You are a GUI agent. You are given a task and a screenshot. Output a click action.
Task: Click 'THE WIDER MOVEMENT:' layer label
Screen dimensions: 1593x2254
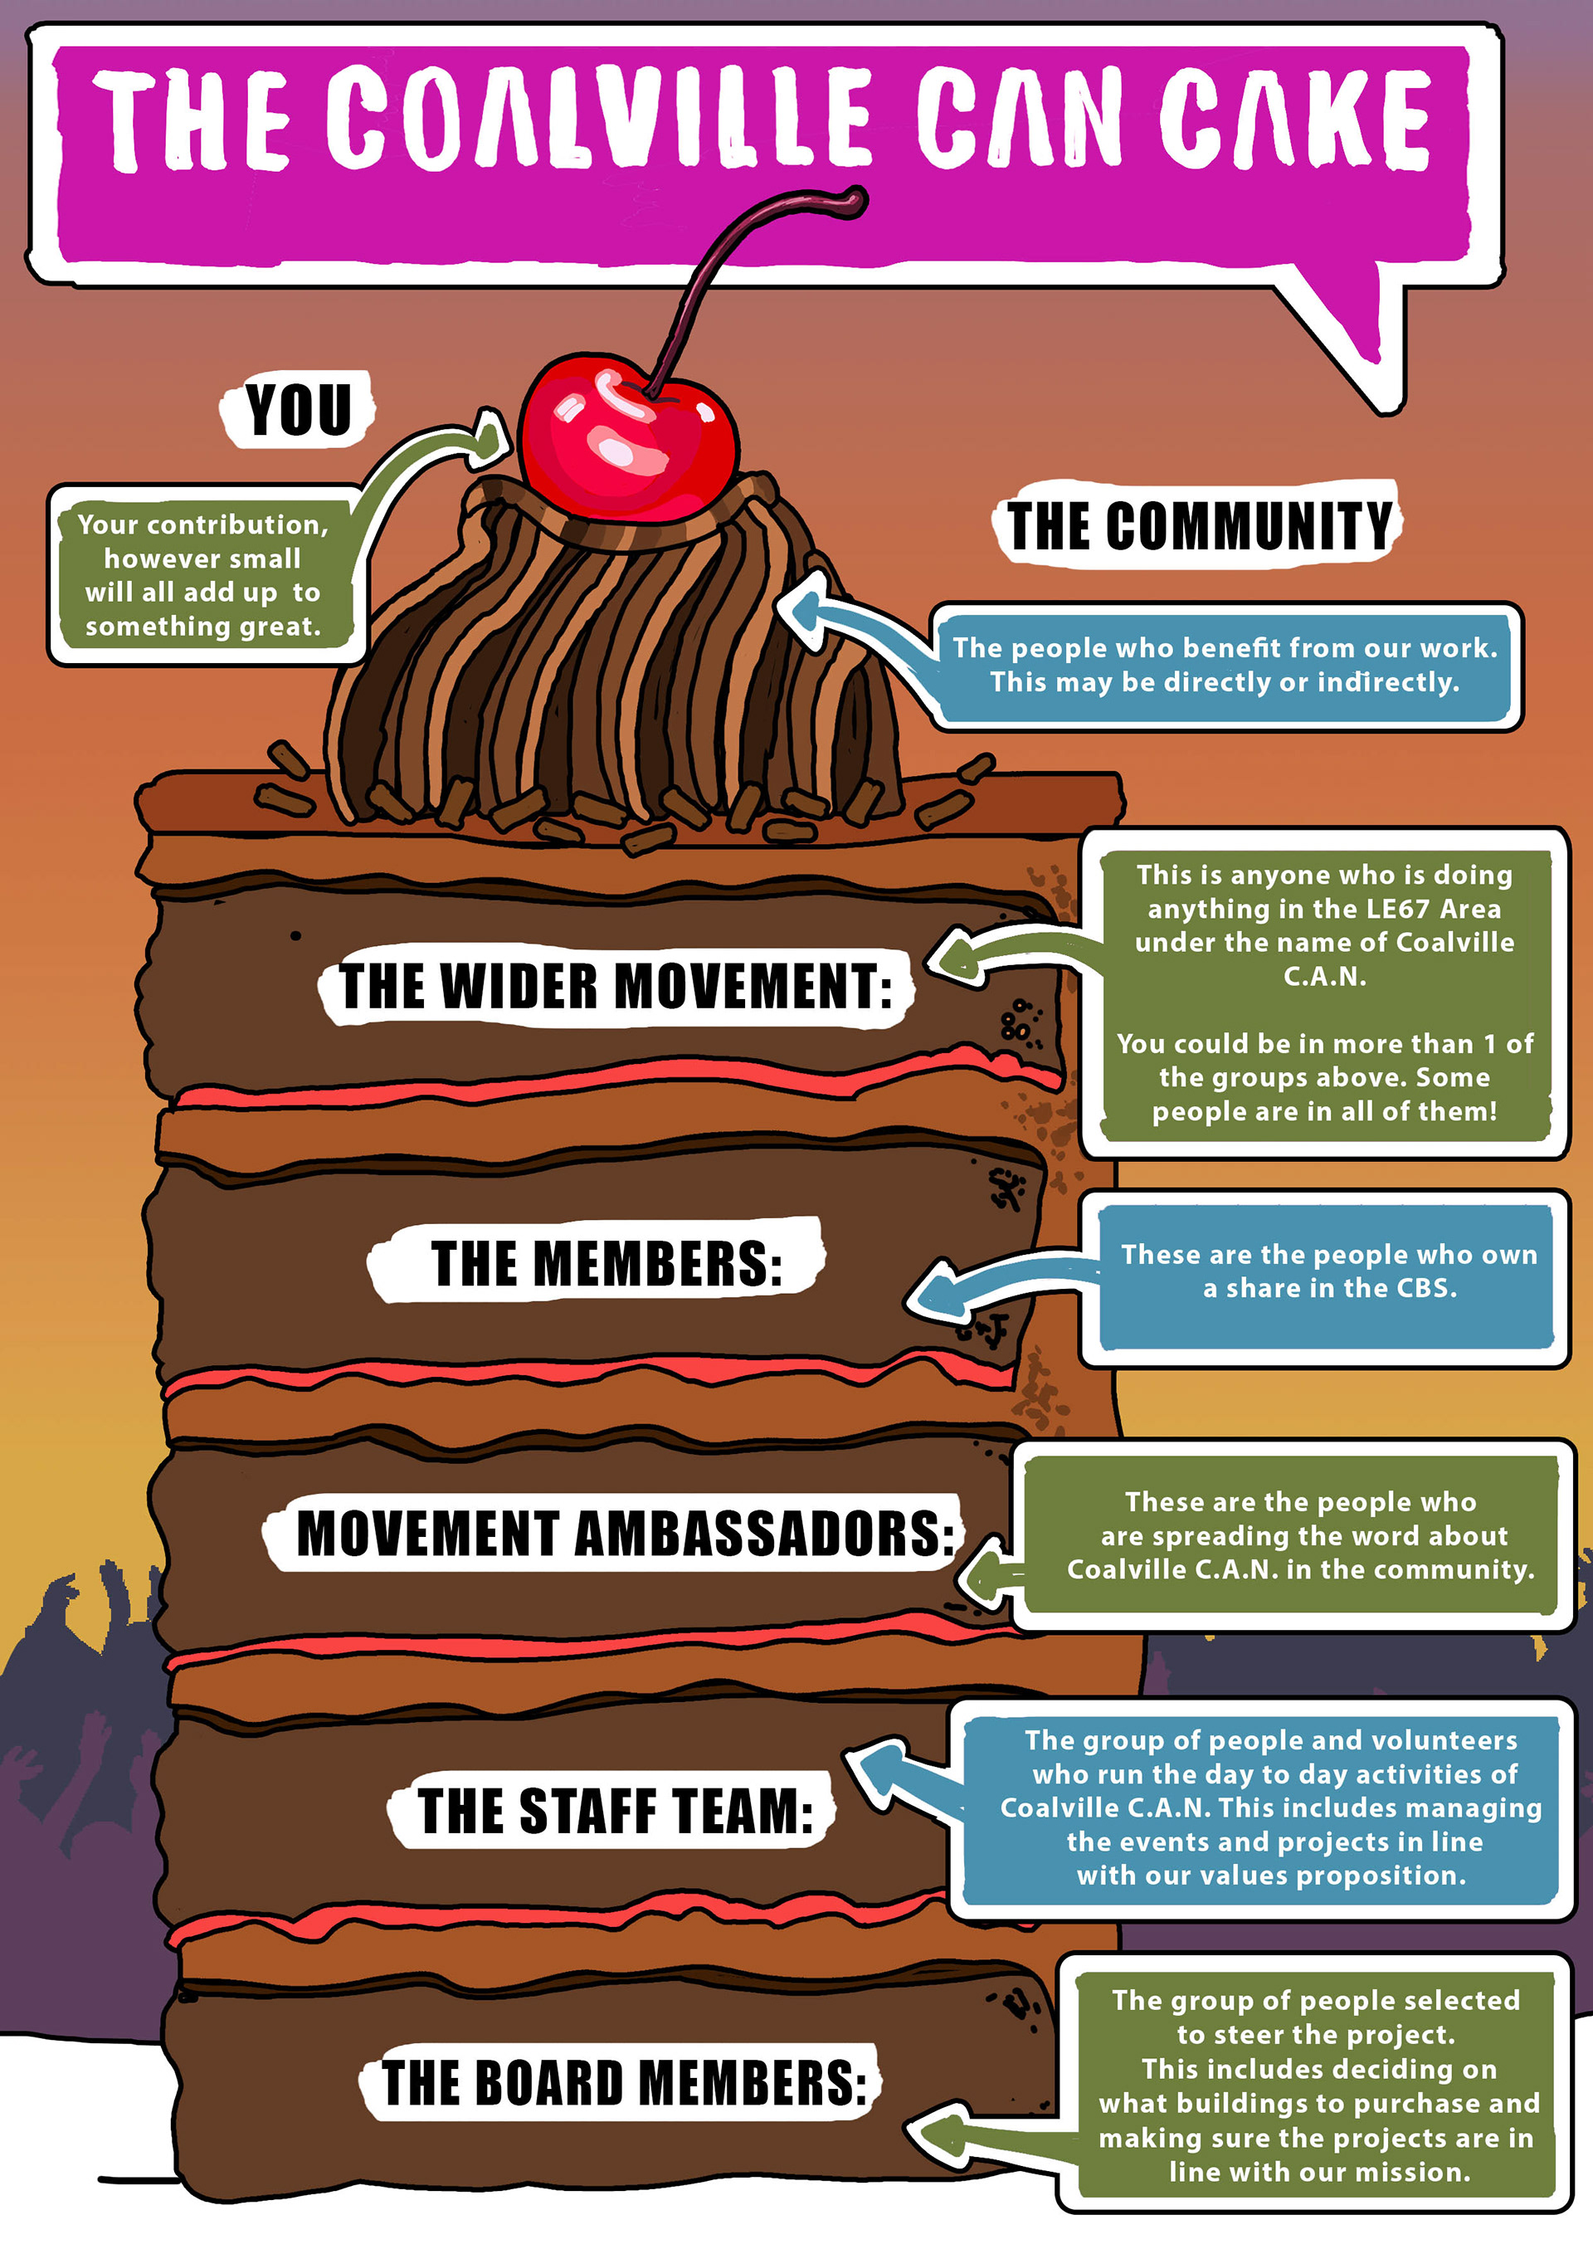pos(616,986)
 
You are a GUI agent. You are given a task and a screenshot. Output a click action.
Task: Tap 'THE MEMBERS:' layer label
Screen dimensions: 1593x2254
pos(606,1262)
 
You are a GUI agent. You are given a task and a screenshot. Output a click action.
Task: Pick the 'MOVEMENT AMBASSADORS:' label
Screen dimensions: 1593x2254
pos(624,1533)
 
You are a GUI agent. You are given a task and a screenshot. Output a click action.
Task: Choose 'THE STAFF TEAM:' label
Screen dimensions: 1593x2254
pos(615,1810)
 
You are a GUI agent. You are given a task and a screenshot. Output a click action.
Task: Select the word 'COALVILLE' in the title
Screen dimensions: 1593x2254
pos(599,118)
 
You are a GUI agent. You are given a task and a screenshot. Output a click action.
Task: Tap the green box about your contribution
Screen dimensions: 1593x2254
pos(203,575)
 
